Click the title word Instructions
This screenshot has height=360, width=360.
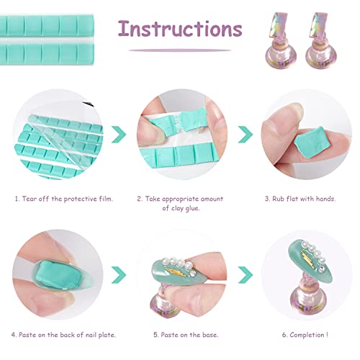pyautogui.click(x=180, y=29)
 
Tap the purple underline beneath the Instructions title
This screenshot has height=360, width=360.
pyautogui.click(x=180, y=50)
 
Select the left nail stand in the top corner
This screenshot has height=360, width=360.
pyautogui.click(x=281, y=40)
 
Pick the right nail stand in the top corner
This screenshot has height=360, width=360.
pyautogui.click(x=321, y=40)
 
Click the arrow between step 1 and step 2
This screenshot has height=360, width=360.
pyautogui.click(x=119, y=135)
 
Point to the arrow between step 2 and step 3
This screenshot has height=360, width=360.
pyautogui.click(x=246, y=135)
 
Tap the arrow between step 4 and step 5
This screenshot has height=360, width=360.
pyautogui.click(x=119, y=274)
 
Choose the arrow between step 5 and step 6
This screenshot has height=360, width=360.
pyautogui.click(x=246, y=274)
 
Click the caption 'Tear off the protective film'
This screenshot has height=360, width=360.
pyautogui.click(x=67, y=199)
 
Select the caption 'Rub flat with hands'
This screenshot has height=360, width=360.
pyautogui.click(x=304, y=199)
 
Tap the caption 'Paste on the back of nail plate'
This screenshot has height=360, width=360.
pyautogui.click(x=67, y=335)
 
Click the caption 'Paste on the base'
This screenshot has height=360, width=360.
pyautogui.click(x=189, y=335)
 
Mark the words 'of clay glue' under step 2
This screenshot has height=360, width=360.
pyautogui.click(x=181, y=208)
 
